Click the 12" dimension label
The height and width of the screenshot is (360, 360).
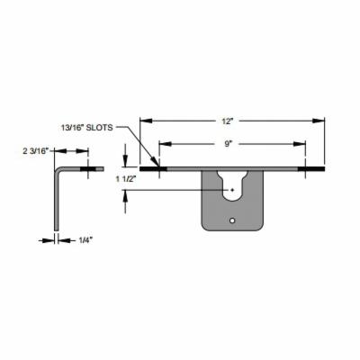pos(228,121)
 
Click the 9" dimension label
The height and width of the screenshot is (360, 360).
pos(229,144)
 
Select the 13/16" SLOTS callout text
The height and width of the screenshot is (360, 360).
pos(87,128)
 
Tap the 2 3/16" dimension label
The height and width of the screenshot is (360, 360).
pos(36,151)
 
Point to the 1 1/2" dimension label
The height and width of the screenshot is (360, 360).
pos(126,179)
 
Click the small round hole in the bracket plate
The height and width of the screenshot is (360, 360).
pos(232,220)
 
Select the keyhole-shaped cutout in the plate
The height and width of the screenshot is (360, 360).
pos(232,185)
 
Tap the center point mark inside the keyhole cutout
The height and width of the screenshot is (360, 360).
pos(232,190)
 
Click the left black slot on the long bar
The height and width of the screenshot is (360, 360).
pos(153,169)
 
